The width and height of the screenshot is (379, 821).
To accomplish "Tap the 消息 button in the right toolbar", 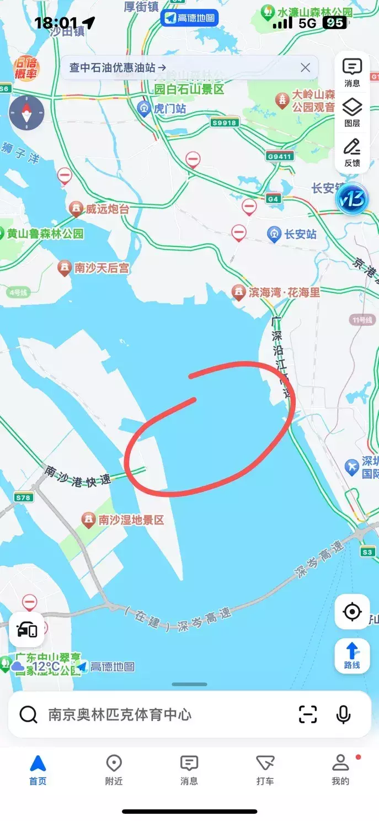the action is [x=352, y=72].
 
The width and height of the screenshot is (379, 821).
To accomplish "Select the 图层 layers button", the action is [x=352, y=112].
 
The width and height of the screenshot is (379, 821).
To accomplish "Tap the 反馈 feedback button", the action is [x=352, y=152].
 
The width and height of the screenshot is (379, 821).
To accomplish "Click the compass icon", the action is [x=26, y=113].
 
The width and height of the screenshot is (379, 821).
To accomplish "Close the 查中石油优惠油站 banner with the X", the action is [x=305, y=68].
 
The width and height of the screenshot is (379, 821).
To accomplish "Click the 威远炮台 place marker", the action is [x=76, y=209].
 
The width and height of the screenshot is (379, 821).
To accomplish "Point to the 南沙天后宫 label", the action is [x=102, y=268].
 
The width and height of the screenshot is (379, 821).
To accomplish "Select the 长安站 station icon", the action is [x=274, y=234].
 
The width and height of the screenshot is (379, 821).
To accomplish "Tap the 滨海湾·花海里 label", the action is [x=284, y=292].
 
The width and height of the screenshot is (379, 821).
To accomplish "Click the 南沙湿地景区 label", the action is [x=131, y=520].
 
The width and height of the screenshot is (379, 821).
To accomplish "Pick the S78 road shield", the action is [x=23, y=497].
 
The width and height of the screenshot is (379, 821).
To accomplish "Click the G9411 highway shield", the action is [x=279, y=156].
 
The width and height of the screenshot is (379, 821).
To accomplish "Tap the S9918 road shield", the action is [x=225, y=123].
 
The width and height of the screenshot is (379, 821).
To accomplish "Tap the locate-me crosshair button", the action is [x=352, y=612].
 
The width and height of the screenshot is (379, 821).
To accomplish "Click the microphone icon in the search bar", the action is [x=343, y=714].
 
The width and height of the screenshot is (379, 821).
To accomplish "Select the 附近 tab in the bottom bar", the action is [x=114, y=770].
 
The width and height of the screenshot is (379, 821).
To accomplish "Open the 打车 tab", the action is [x=265, y=770].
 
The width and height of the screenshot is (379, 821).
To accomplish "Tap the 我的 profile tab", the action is [x=340, y=770].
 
